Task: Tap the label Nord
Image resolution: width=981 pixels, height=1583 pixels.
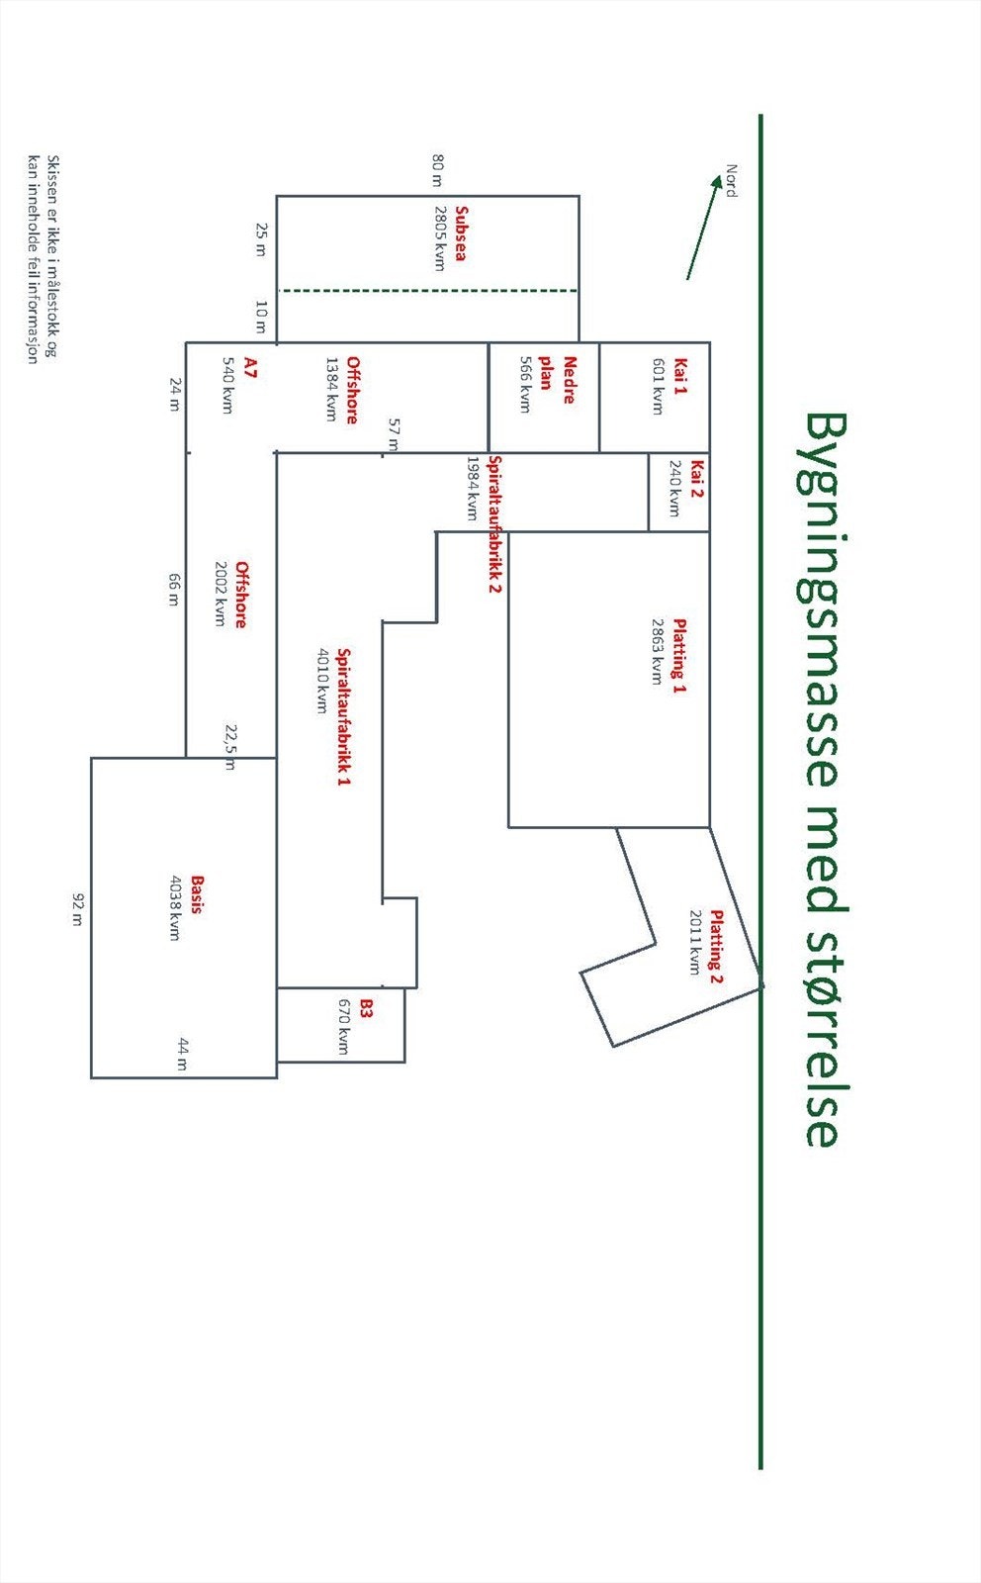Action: (x=732, y=181)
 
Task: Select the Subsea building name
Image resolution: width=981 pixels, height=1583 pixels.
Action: (x=461, y=233)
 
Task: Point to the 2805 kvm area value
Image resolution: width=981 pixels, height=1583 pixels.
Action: (x=440, y=238)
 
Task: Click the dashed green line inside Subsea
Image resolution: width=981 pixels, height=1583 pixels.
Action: (x=428, y=291)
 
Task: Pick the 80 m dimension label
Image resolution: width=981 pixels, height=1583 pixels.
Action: (x=438, y=169)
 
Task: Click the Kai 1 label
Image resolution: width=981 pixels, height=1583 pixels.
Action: (x=680, y=376)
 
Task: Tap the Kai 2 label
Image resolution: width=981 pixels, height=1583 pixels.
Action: (x=697, y=479)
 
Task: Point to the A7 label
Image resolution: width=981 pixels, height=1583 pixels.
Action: (x=250, y=367)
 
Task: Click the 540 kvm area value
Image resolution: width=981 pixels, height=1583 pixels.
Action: (x=227, y=385)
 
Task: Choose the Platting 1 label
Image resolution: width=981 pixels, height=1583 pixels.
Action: (x=679, y=656)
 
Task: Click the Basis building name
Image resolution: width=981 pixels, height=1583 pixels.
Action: (x=197, y=894)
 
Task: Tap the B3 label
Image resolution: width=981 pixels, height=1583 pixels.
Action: (x=365, y=1008)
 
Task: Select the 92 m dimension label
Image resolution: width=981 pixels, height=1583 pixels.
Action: (x=78, y=909)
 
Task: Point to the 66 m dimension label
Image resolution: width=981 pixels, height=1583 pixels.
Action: (x=174, y=590)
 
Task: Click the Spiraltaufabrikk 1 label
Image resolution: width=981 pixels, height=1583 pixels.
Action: (x=344, y=716)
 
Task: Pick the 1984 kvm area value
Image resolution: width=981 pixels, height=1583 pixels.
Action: (x=473, y=488)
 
